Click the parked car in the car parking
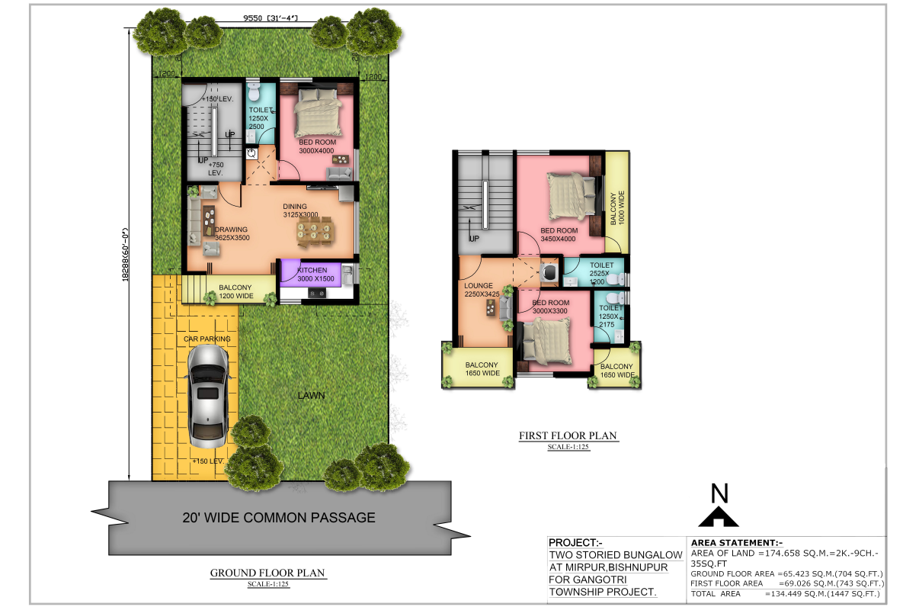pyautogui.click(x=209, y=396)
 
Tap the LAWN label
pyautogui.click(x=311, y=396)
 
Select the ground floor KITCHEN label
pyautogui.click(x=312, y=270)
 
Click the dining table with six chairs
pyautogui.click(x=314, y=231)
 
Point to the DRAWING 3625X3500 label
pyautogui.click(x=232, y=233)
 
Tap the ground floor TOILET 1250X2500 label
pyautogui.click(x=259, y=118)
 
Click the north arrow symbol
pyautogui.click(x=718, y=517)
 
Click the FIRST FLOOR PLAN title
pyautogui.click(x=568, y=435)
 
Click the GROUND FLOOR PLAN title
pyautogui.click(x=267, y=573)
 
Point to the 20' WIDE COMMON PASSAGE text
pyautogui.click(x=279, y=518)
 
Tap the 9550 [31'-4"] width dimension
pyautogui.click(x=270, y=18)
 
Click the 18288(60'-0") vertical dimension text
pyautogui.click(x=126, y=254)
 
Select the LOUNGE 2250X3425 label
pyautogui.click(x=482, y=290)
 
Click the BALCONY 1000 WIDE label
pyautogui.click(x=616, y=208)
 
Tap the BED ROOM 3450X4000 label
pyautogui.click(x=559, y=235)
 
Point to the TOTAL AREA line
pyautogui.click(x=786, y=594)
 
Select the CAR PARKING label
pyautogui.click(x=207, y=339)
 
